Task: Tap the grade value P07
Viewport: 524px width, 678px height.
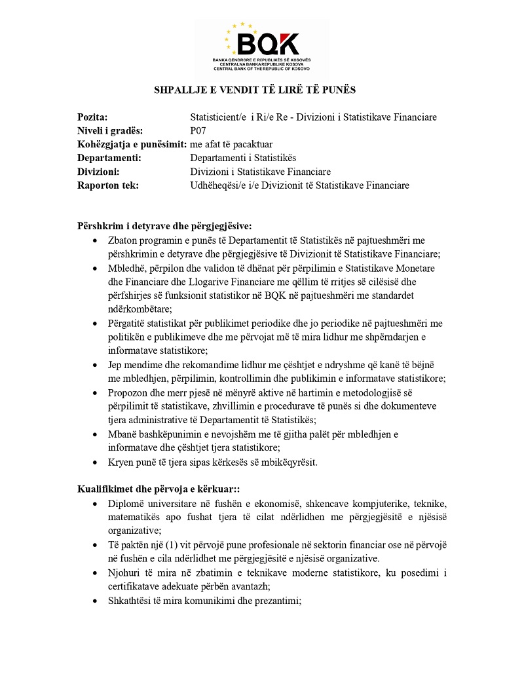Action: coord(198,131)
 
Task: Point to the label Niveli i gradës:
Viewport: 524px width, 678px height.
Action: coord(110,131)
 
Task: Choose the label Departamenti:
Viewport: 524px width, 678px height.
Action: coord(109,158)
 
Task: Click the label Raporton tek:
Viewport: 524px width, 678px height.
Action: coord(108,185)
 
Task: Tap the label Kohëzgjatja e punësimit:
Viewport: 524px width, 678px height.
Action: coord(132,144)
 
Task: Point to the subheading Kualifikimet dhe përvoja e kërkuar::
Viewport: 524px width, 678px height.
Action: coord(161,489)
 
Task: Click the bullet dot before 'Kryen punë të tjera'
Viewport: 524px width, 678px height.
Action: coord(97,462)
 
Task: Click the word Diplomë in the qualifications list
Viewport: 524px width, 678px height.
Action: coord(126,504)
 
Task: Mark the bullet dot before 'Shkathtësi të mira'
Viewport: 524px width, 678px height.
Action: coord(97,600)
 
